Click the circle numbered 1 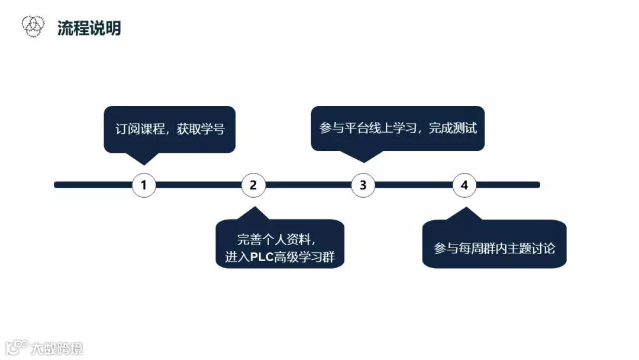[144, 185]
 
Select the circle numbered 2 [253, 185]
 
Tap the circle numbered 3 [363, 185]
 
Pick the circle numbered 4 [464, 185]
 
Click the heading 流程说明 [89, 28]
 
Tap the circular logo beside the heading [33, 25]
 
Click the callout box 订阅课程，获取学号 [170, 129]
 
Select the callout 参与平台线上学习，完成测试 [398, 128]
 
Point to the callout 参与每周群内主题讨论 [494, 248]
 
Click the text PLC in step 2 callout [262, 258]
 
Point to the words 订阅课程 [140, 129]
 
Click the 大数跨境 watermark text [57, 348]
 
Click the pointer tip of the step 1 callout [143, 163]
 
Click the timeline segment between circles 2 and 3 [308, 185]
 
